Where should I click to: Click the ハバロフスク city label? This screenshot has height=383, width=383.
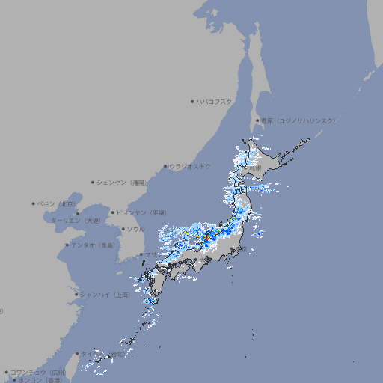coord(214,101)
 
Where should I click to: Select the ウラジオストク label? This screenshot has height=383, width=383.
coord(190,166)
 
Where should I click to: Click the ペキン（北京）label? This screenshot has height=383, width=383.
coord(57,203)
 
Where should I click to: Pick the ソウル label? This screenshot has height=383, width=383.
coord(135,229)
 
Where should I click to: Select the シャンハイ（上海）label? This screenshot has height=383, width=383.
coord(105,295)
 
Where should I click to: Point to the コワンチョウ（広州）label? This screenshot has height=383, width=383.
coord(37,372)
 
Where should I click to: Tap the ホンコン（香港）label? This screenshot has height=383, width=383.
coord(40,380)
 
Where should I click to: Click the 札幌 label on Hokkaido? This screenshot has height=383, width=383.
coord(255,170)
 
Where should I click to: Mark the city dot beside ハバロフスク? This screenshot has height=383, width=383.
coord(192,101)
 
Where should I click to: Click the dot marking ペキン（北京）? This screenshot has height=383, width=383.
coord(33,203)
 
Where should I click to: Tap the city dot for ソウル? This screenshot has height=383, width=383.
coord(122,229)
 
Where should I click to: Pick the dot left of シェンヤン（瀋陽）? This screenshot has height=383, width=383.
coord(93,182)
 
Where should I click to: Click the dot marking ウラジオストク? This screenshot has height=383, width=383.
coord(165,166)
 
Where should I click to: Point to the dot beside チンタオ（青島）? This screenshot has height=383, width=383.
coord(67,245)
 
